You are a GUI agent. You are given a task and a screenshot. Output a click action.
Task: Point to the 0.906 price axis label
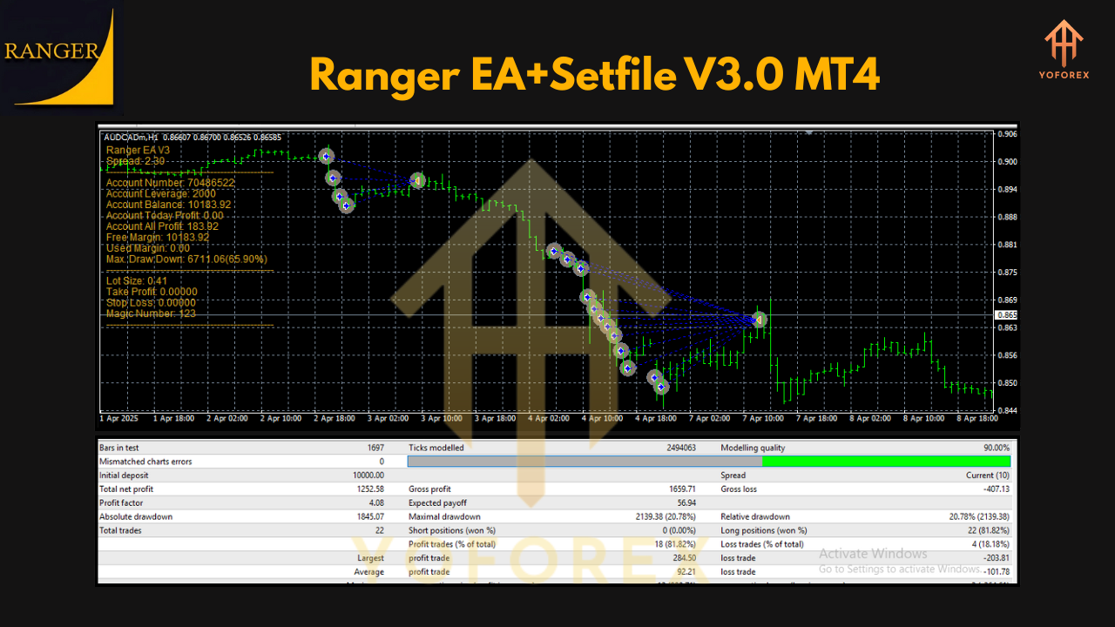click(1006, 134)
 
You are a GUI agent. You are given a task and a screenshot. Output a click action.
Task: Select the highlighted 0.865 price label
click(1006, 315)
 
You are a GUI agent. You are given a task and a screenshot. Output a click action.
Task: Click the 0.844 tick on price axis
click(1006, 410)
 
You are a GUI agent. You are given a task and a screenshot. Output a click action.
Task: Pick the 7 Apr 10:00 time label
click(763, 419)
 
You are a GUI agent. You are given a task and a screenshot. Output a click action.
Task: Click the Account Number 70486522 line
click(170, 183)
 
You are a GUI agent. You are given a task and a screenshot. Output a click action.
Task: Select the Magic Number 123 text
click(151, 313)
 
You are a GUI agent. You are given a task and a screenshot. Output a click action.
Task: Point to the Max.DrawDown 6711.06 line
click(186, 259)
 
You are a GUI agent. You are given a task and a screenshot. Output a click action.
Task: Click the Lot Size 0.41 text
click(137, 280)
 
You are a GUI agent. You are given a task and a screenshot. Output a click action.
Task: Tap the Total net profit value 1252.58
click(366, 489)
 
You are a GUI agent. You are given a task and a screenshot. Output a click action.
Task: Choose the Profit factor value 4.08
click(373, 503)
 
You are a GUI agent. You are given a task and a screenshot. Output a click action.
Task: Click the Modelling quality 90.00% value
click(994, 448)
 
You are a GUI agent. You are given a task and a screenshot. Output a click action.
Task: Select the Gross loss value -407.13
click(991, 489)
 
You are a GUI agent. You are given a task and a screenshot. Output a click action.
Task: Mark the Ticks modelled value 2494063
click(675, 448)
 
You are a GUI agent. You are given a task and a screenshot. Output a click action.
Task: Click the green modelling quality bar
click(886, 462)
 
